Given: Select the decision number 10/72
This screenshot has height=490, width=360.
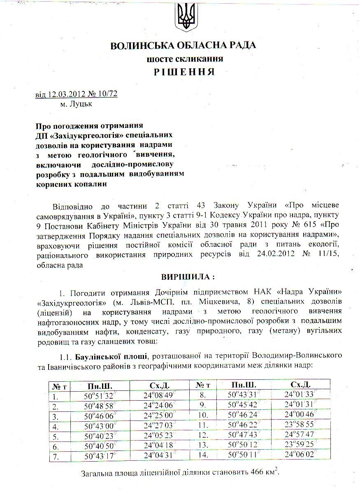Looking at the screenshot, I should point(107,94).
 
